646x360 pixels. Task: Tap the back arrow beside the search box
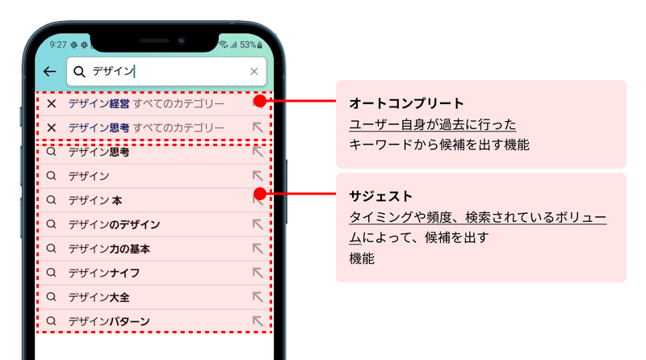[x=49, y=72]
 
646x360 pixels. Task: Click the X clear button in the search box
[x=254, y=72]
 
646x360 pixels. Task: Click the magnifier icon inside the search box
[x=79, y=72]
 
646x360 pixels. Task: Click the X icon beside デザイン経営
[x=52, y=103]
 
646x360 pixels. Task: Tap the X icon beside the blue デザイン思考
[x=52, y=128]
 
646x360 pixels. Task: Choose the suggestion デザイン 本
[x=95, y=200]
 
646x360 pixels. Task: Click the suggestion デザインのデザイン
[x=114, y=224]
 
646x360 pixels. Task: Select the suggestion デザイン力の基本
[x=109, y=249]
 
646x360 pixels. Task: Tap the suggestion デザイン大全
[x=99, y=297]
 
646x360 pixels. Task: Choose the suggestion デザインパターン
[x=109, y=321]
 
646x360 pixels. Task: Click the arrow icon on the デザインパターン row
[x=258, y=320]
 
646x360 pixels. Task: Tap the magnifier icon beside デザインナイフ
[x=51, y=273]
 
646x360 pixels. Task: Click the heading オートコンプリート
[x=406, y=103]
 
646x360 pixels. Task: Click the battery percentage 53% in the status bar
[x=248, y=45]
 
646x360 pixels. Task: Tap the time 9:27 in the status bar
[x=58, y=45]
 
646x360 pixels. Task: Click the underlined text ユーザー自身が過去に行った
[x=432, y=124]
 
